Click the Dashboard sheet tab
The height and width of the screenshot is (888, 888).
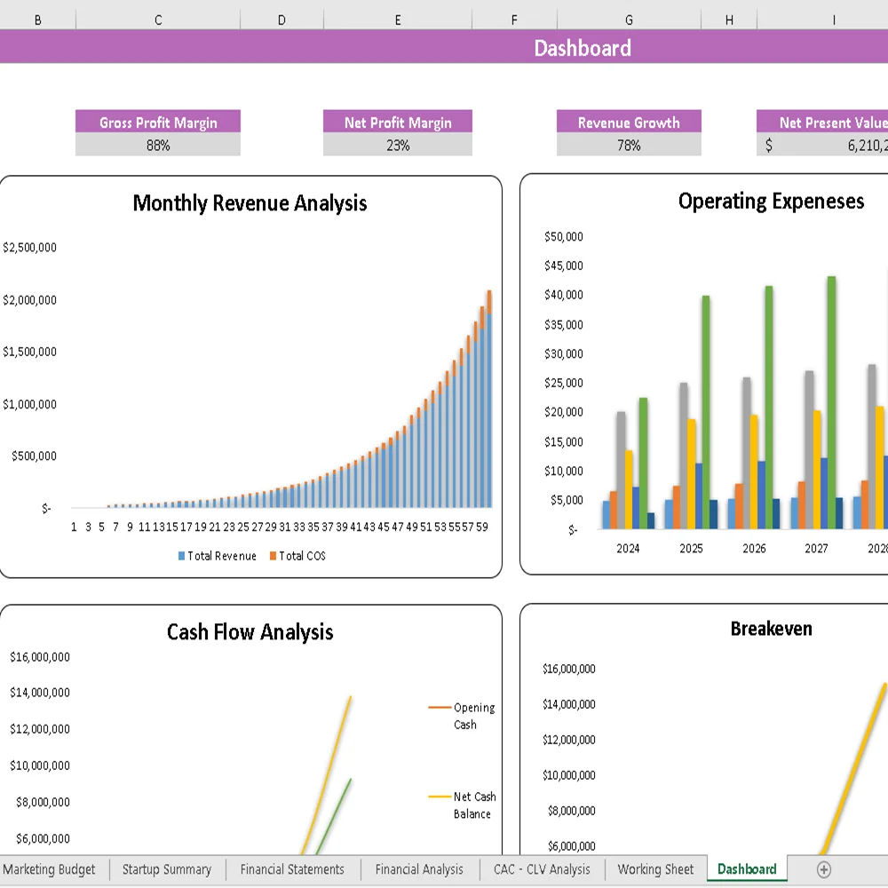click(x=747, y=869)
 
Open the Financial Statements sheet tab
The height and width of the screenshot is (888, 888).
click(x=292, y=869)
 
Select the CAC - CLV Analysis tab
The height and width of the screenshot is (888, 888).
click(x=542, y=869)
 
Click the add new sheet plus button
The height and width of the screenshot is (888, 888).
click(x=824, y=869)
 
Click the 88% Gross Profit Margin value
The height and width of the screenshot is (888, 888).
click(x=158, y=146)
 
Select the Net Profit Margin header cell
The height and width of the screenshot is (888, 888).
click(x=398, y=123)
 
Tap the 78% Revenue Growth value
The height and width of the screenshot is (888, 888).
click(x=629, y=146)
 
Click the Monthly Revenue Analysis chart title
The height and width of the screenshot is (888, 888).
click(x=250, y=203)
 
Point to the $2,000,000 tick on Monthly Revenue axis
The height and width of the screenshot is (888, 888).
click(x=29, y=300)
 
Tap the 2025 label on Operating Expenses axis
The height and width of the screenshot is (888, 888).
click(x=691, y=549)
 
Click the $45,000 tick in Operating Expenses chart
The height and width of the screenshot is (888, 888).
click(x=564, y=266)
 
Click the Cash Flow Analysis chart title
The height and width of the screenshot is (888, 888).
click(x=250, y=632)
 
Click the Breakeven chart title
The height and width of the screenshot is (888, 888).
click(x=771, y=629)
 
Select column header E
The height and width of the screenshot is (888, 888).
click(x=397, y=20)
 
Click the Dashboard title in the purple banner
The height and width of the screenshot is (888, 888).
click(x=583, y=48)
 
